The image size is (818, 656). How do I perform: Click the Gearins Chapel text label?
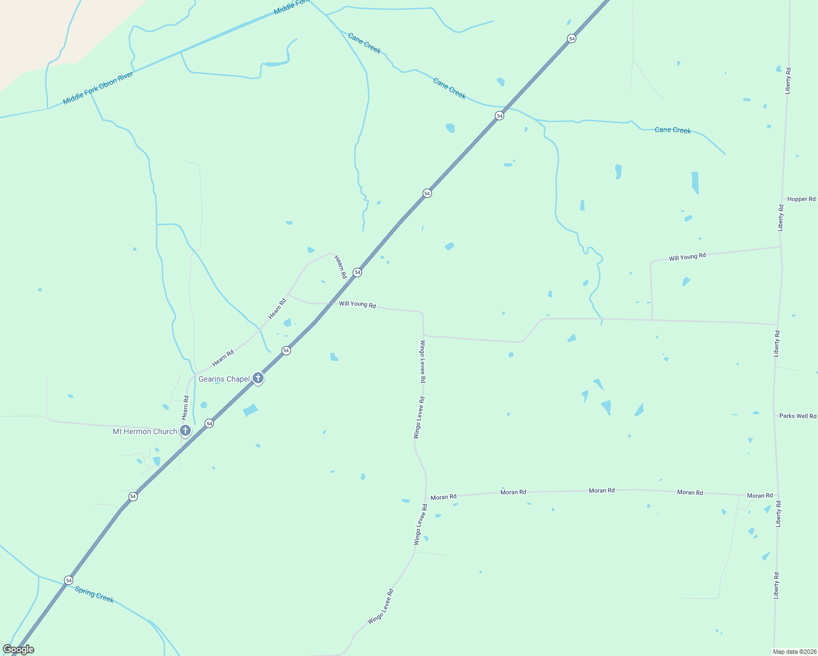click(224, 379)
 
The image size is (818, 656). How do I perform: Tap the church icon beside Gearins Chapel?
click(258, 378)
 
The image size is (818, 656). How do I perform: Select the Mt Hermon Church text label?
click(145, 431)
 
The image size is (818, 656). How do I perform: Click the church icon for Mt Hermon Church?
click(185, 431)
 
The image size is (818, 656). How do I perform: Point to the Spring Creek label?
click(95, 594)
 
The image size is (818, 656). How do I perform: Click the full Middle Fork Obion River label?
click(98, 88)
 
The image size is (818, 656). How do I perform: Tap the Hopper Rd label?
click(801, 199)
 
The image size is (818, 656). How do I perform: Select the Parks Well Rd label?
click(797, 416)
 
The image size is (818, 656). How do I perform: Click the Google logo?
click(18, 649)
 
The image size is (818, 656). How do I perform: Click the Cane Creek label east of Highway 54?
click(673, 130)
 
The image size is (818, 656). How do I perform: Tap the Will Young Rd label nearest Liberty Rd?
click(687, 256)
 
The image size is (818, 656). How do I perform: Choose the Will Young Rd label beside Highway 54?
click(357, 304)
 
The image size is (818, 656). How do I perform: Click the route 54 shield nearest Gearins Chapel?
click(286, 350)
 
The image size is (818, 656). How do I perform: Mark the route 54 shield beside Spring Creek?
click(68, 580)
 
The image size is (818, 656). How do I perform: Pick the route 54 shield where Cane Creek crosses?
click(499, 116)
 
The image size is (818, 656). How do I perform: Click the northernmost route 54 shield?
click(571, 38)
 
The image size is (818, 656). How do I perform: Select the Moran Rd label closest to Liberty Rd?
click(759, 495)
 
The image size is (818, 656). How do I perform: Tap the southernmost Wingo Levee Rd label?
click(380, 607)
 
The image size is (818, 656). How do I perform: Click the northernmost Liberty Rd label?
click(788, 81)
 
